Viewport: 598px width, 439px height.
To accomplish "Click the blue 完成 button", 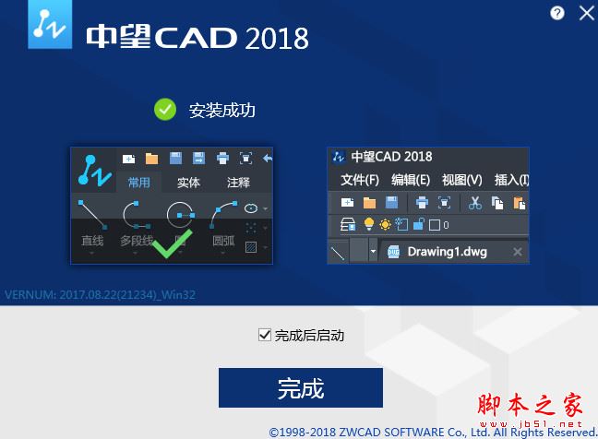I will point(300,387).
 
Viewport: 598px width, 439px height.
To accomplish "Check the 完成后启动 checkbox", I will point(265,335).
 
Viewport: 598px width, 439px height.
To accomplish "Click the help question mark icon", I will point(556,13).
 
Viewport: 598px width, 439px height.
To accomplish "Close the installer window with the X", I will point(586,13).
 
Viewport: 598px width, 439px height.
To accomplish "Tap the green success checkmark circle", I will point(165,111).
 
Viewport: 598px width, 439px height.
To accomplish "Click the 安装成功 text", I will point(221,111).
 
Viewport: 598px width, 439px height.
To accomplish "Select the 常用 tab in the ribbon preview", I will point(138,183).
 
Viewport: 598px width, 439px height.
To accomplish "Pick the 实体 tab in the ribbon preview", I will point(188,183).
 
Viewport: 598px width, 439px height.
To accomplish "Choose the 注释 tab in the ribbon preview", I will point(238,183).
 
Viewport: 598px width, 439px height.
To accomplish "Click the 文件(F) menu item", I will point(359,180).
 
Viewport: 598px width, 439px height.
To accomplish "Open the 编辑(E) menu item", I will point(411,180).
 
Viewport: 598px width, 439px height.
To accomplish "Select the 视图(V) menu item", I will point(461,180).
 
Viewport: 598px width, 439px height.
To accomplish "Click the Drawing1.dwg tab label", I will point(447,251).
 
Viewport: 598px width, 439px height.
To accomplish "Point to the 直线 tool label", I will point(91,242).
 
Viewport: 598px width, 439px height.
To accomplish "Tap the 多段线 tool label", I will point(138,242).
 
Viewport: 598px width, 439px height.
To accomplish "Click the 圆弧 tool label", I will point(223,242).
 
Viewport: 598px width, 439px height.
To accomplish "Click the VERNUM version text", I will point(101,295).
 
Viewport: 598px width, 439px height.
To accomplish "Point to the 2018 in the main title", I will point(276,38).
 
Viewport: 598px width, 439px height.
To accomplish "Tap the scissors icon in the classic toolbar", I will point(475,203).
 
